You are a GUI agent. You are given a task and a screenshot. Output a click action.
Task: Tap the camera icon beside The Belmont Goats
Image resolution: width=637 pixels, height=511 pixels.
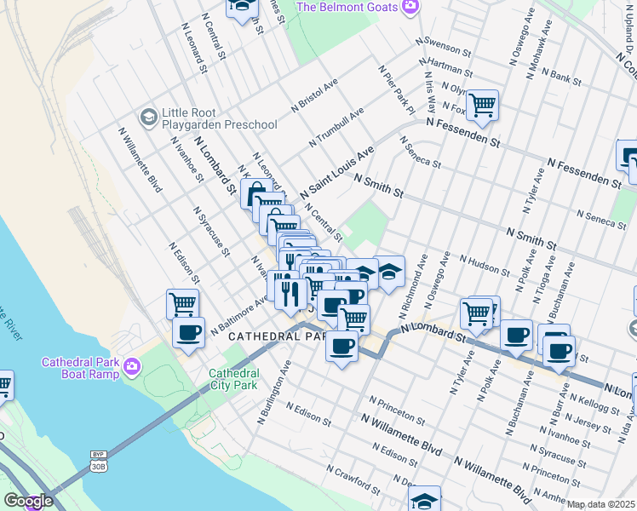click(410, 7)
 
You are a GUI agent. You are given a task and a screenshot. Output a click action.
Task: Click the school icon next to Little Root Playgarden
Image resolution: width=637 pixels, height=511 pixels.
click(149, 116)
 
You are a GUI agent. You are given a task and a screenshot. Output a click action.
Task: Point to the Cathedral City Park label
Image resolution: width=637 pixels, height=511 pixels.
click(233, 379)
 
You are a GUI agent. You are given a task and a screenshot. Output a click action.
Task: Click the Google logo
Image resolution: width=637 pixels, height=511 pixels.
click(28, 501)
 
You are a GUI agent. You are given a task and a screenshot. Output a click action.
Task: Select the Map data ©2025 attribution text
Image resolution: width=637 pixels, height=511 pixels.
click(600, 504)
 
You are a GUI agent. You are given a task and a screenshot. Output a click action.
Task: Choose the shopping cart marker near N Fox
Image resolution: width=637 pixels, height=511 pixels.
click(482, 106)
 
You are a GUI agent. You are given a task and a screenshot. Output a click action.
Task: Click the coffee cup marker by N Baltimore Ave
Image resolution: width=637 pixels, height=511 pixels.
click(188, 332)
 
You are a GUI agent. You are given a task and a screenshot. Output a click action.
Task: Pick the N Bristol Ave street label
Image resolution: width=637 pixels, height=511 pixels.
click(314, 95)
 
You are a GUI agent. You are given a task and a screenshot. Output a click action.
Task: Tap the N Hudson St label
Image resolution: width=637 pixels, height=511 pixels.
click(484, 265)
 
